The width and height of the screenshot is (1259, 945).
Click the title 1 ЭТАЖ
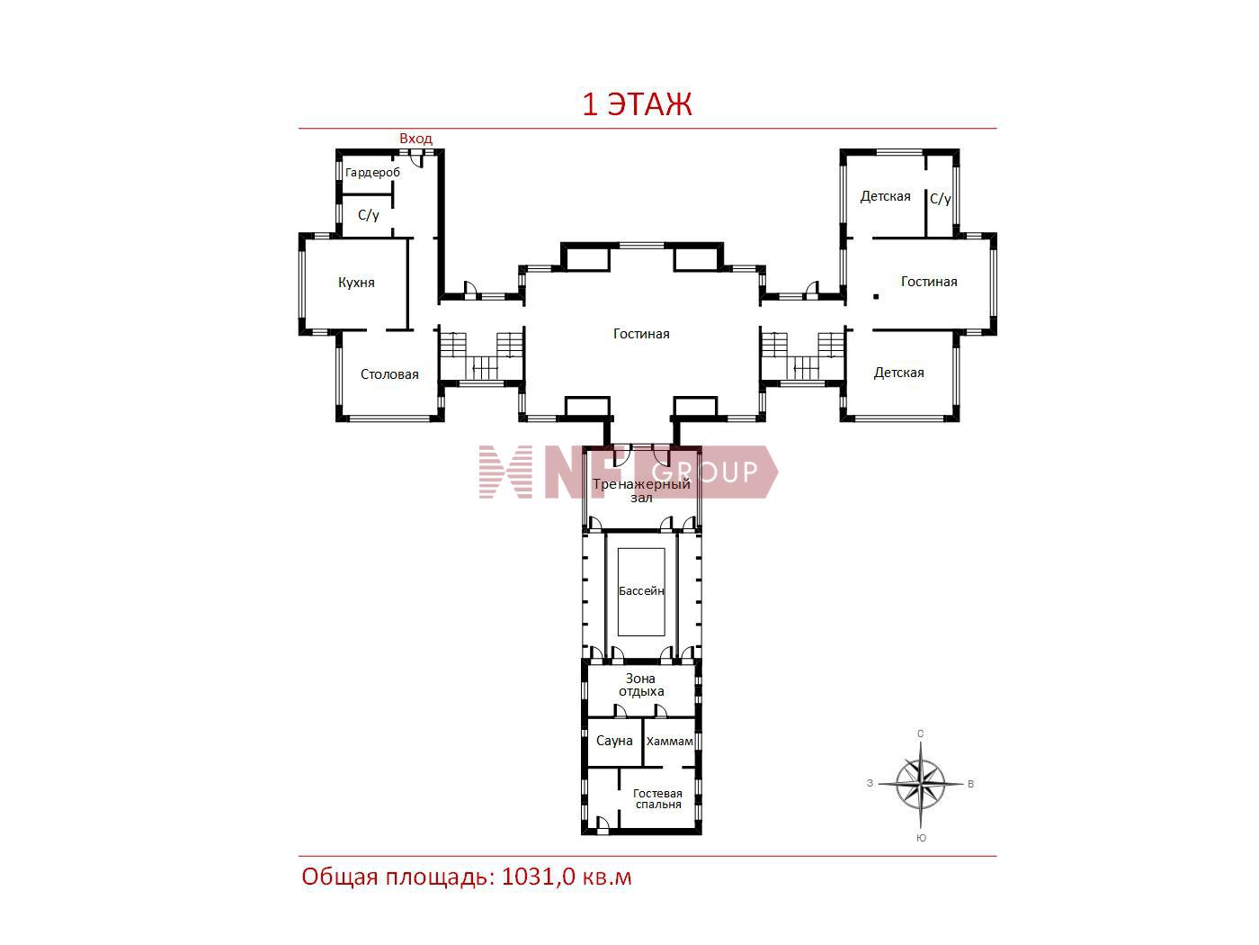click(637, 104)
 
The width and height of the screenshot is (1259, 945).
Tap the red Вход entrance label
click(415, 139)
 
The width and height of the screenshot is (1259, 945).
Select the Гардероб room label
click(373, 173)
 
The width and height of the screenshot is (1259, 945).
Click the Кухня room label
click(356, 283)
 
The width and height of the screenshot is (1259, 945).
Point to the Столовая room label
click(389, 374)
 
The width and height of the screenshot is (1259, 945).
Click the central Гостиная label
click(641, 334)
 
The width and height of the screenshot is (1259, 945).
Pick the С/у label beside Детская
click(940, 199)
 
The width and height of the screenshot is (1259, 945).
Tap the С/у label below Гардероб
click(368, 215)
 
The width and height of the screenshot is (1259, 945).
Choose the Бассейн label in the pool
click(641, 591)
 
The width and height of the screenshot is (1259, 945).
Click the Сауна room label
click(614, 741)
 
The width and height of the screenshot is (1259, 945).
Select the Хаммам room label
click(669, 742)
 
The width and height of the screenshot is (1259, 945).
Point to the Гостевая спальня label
click(658, 798)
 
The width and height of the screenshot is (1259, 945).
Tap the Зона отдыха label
click(641, 685)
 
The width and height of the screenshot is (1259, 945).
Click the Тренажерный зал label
click(641, 490)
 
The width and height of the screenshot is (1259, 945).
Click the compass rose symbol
click(921, 784)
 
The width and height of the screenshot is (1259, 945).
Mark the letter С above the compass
click(921, 733)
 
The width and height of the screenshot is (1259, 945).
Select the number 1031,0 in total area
click(539, 877)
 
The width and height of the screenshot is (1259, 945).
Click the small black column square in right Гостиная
click(876, 297)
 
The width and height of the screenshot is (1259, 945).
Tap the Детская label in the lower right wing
click(898, 373)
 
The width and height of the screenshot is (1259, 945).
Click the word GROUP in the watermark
click(705, 472)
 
